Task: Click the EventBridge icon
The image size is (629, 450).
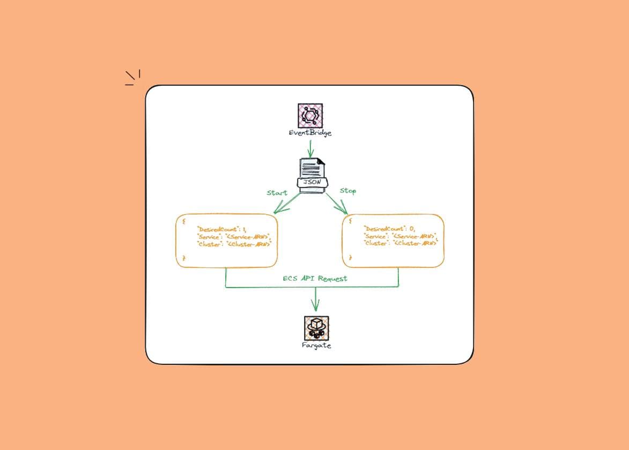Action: click(x=310, y=115)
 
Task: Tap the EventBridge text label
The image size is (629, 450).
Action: click(x=310, y=132)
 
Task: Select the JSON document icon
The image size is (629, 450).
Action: click(x=312, y=175)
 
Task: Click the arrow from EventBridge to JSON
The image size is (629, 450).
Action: click(x=310, y=148)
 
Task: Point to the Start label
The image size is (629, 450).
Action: click(x=277, y=192)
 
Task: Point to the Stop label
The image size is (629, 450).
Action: click(x=347, y=191)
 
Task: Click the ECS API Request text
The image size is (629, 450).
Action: click(x=315, y=279)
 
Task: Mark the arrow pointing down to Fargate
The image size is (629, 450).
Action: click(x=315, y=300)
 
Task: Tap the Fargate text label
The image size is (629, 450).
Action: click(x=316, y=346)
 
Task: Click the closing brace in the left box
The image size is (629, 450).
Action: click(x=184, y=258)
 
